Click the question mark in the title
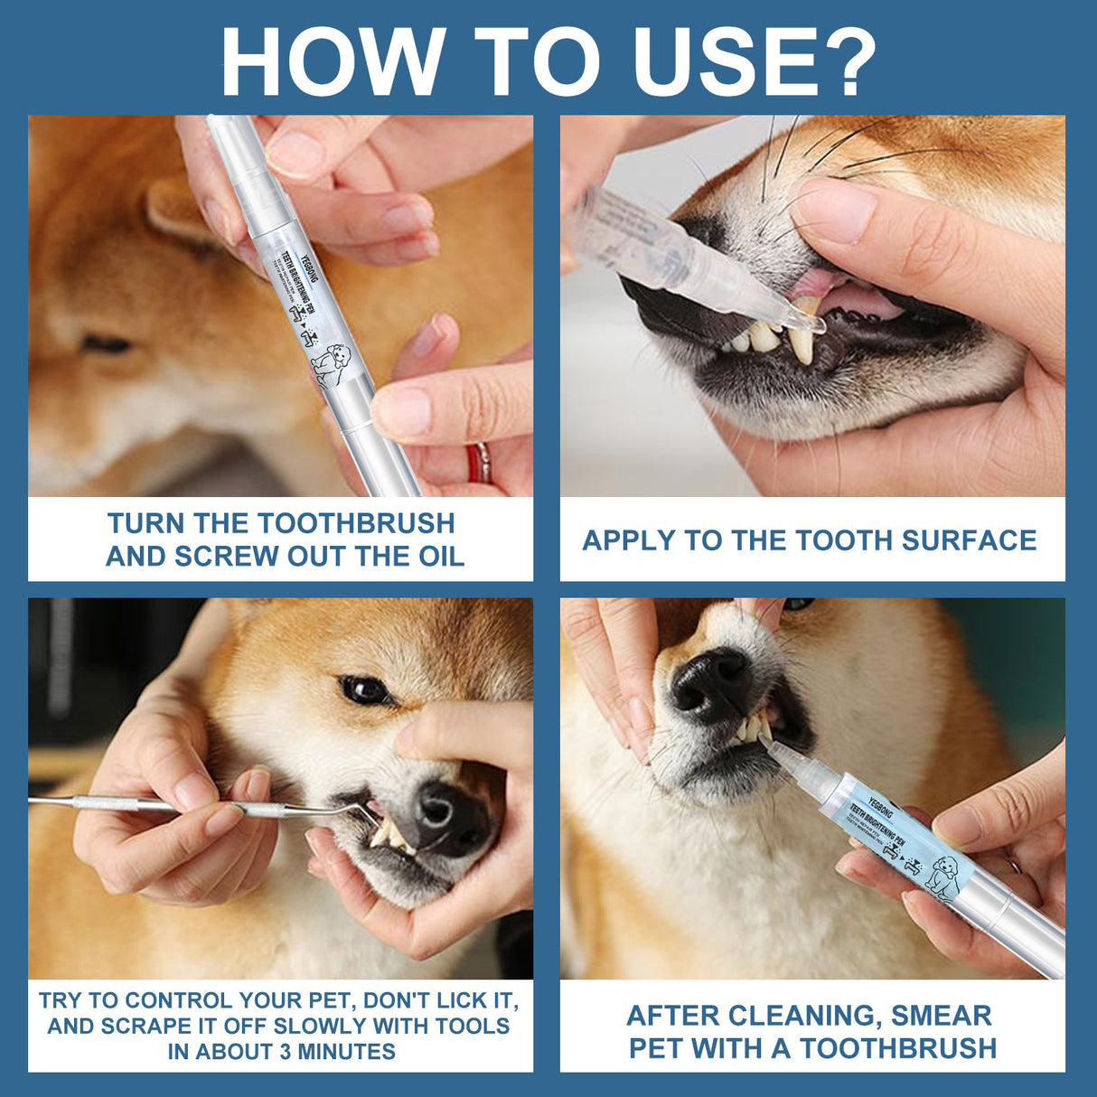tap(845, 61)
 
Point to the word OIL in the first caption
tap(441, 557)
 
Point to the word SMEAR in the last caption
tap(941, 1016)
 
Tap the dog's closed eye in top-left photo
tap(107, 343)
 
